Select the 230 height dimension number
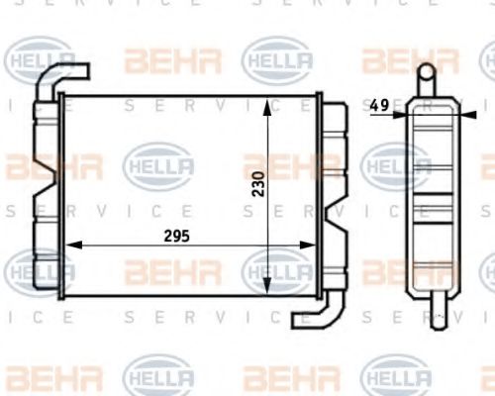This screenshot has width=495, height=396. pos(258,183)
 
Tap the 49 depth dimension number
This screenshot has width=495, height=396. pos(378,103)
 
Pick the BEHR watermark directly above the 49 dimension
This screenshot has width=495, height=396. pos(396,61)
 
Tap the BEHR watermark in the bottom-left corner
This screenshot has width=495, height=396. pos(40,376)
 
